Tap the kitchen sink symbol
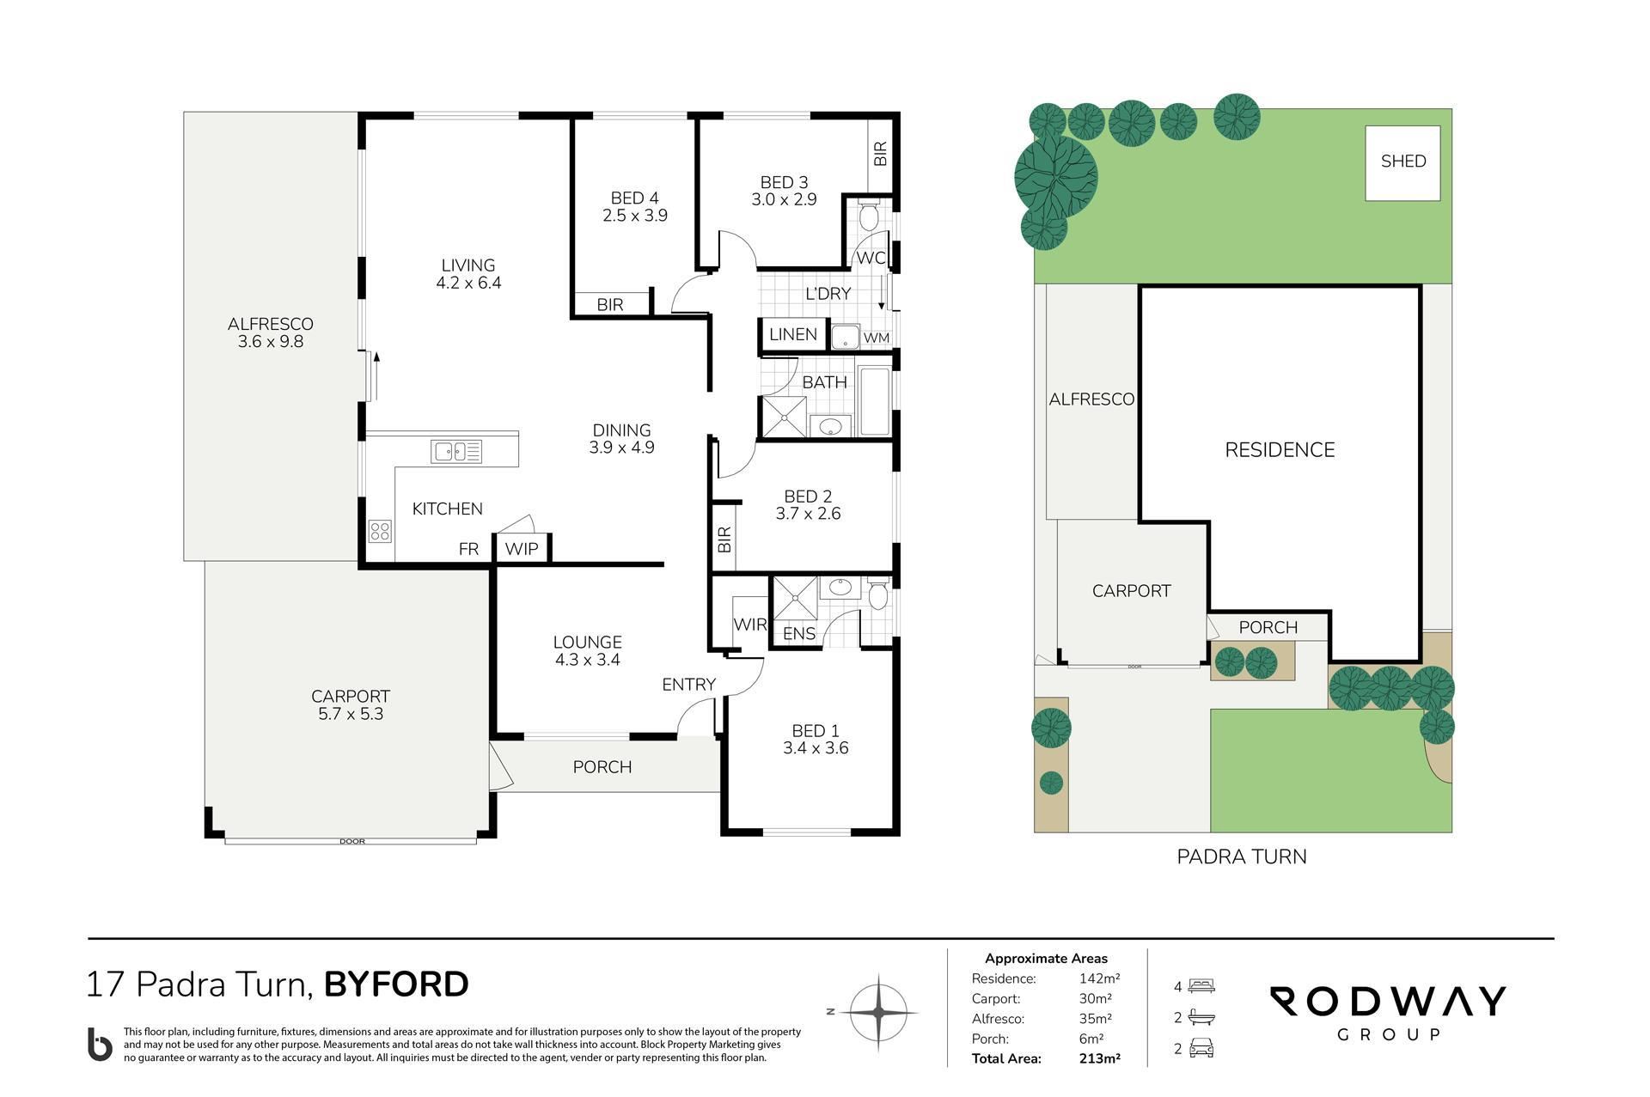pos(456,451)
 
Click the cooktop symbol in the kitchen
pos(380,531)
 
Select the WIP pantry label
pos(522,549)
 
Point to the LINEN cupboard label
pos(792,334)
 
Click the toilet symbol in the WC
pos(869,214)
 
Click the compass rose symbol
pos(877,1013)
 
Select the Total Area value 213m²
pos(1099,1058)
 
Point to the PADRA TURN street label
pos(1241,856)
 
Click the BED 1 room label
pos(816,731)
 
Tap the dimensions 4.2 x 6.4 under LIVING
pos(468,283)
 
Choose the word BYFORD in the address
pos(396,984)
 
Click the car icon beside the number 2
pos(1201,1049)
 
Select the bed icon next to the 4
pos(1201,987)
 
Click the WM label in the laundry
pos(877,338)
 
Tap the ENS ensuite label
pos(799,634)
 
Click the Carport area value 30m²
pos(1096,999)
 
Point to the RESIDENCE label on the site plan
pos(1280,449)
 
